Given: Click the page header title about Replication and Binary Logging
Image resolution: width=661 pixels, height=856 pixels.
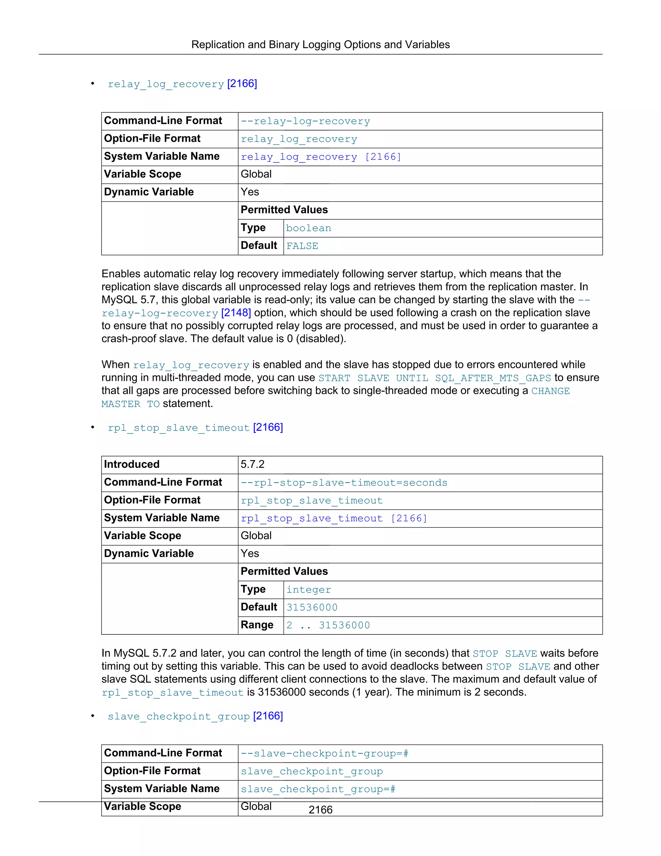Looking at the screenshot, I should pos(320,45).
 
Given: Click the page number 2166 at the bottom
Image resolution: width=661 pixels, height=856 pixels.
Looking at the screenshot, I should pos(320,809).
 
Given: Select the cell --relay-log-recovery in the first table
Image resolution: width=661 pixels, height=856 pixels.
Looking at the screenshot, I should pos(305,121).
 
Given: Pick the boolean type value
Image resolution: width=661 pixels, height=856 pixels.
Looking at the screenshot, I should pos(309,228).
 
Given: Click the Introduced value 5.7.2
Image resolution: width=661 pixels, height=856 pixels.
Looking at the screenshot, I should pos(253,465).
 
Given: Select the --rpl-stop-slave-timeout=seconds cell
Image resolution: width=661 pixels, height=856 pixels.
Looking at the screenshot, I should pos(344,483).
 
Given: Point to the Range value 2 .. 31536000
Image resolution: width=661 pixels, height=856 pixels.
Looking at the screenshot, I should pos(328,625).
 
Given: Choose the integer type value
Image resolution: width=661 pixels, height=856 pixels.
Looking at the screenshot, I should pos(309,590).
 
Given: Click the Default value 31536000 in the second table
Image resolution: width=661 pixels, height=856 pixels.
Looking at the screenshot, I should pos(312,607).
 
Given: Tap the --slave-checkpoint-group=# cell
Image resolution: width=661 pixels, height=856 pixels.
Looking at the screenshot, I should pos(324,753).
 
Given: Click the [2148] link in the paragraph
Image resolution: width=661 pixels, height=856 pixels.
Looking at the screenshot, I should pos(236,313).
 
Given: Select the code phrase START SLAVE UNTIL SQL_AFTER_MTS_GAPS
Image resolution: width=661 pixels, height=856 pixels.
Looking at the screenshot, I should pos(435,378).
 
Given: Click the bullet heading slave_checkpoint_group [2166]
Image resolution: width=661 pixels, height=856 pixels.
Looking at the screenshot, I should pos(195,716).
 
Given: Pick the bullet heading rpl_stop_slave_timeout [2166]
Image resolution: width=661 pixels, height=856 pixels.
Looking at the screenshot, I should pos(195,427).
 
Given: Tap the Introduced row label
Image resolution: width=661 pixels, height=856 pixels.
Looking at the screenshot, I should pos(132,465).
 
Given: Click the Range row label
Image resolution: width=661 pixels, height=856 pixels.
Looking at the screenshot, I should pos(257,625).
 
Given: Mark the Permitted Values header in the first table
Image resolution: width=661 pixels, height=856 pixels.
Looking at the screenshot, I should pos(284,210).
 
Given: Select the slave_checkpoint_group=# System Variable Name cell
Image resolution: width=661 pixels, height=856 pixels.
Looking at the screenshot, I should pos(318,789).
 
